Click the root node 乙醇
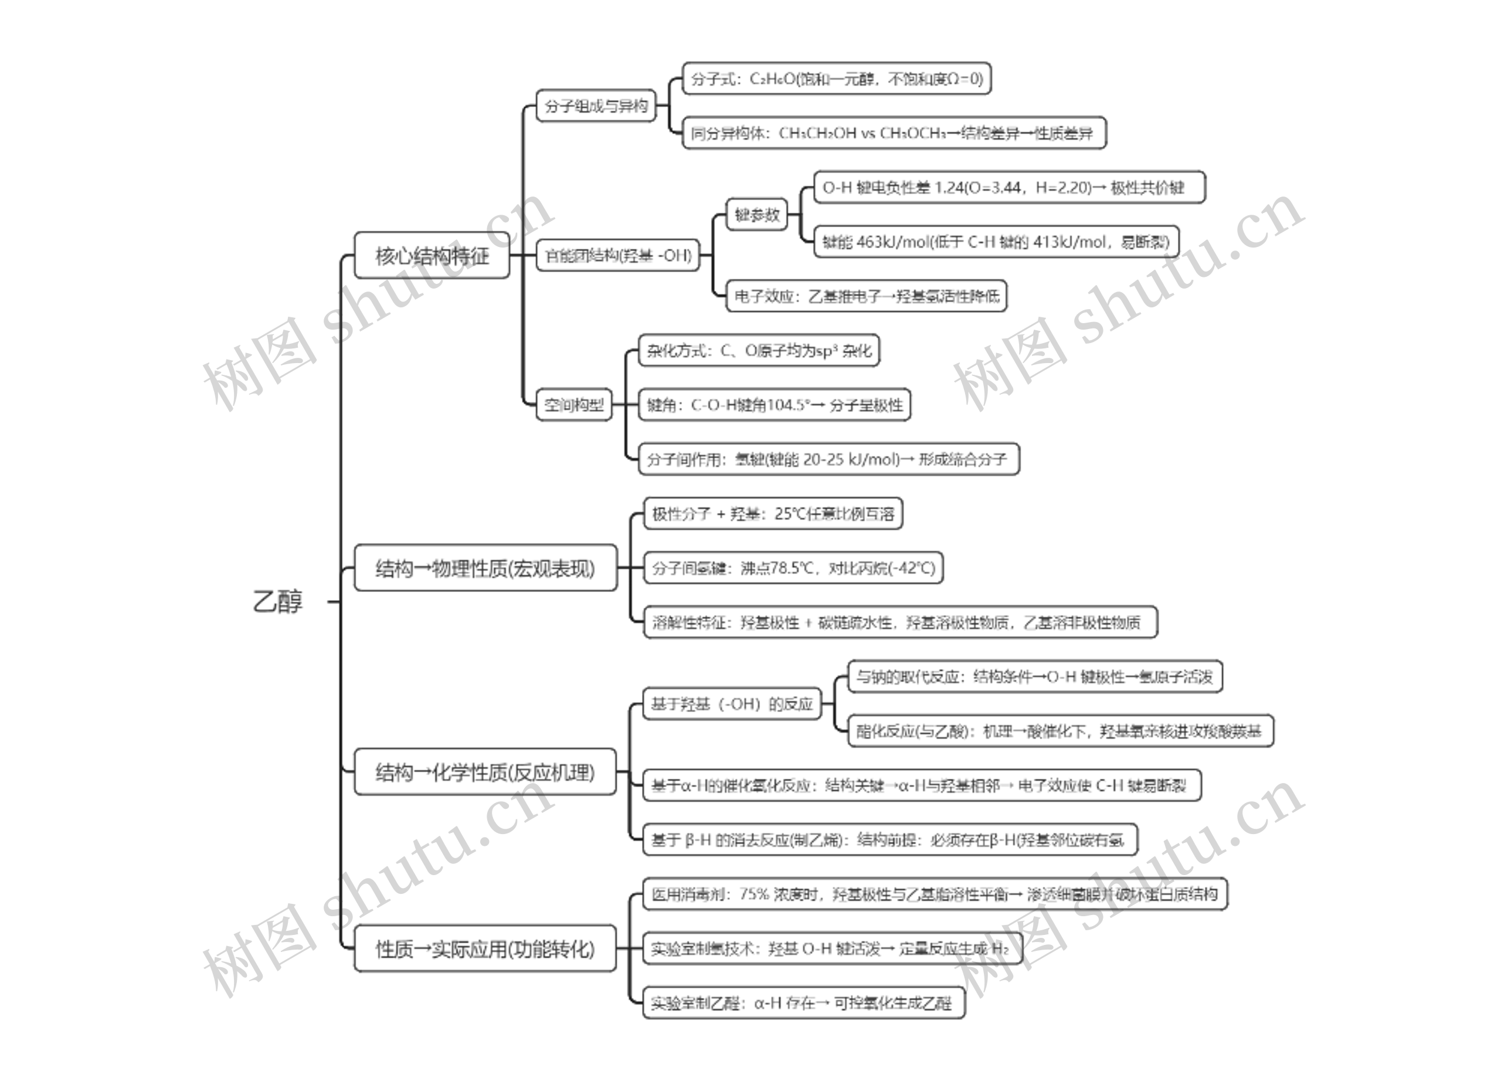tap(278, 601)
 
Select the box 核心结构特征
tap(432, 256)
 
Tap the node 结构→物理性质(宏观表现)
tap(485, 568)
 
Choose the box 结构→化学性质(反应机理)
tap(485, 772)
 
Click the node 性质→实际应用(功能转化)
tap(485, 948)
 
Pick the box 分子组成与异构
tap(596, 106)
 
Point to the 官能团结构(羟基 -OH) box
tap(617, 256)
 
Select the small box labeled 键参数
tap(756, 215)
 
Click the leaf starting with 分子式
tap(837, 79)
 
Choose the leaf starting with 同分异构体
tap(894, 133)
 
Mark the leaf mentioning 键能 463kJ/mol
tap(996, 242)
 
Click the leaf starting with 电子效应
tap(867, 296)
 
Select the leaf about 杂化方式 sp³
tap(759, 350)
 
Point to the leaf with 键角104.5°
tap(775, 405)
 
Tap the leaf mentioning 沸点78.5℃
tap(793, 568)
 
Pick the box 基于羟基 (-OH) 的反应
tap(731, 704)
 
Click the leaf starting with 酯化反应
tap(1059, 731)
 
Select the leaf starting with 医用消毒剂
tap(935, 894)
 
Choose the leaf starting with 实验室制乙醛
tap(803, 1003)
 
